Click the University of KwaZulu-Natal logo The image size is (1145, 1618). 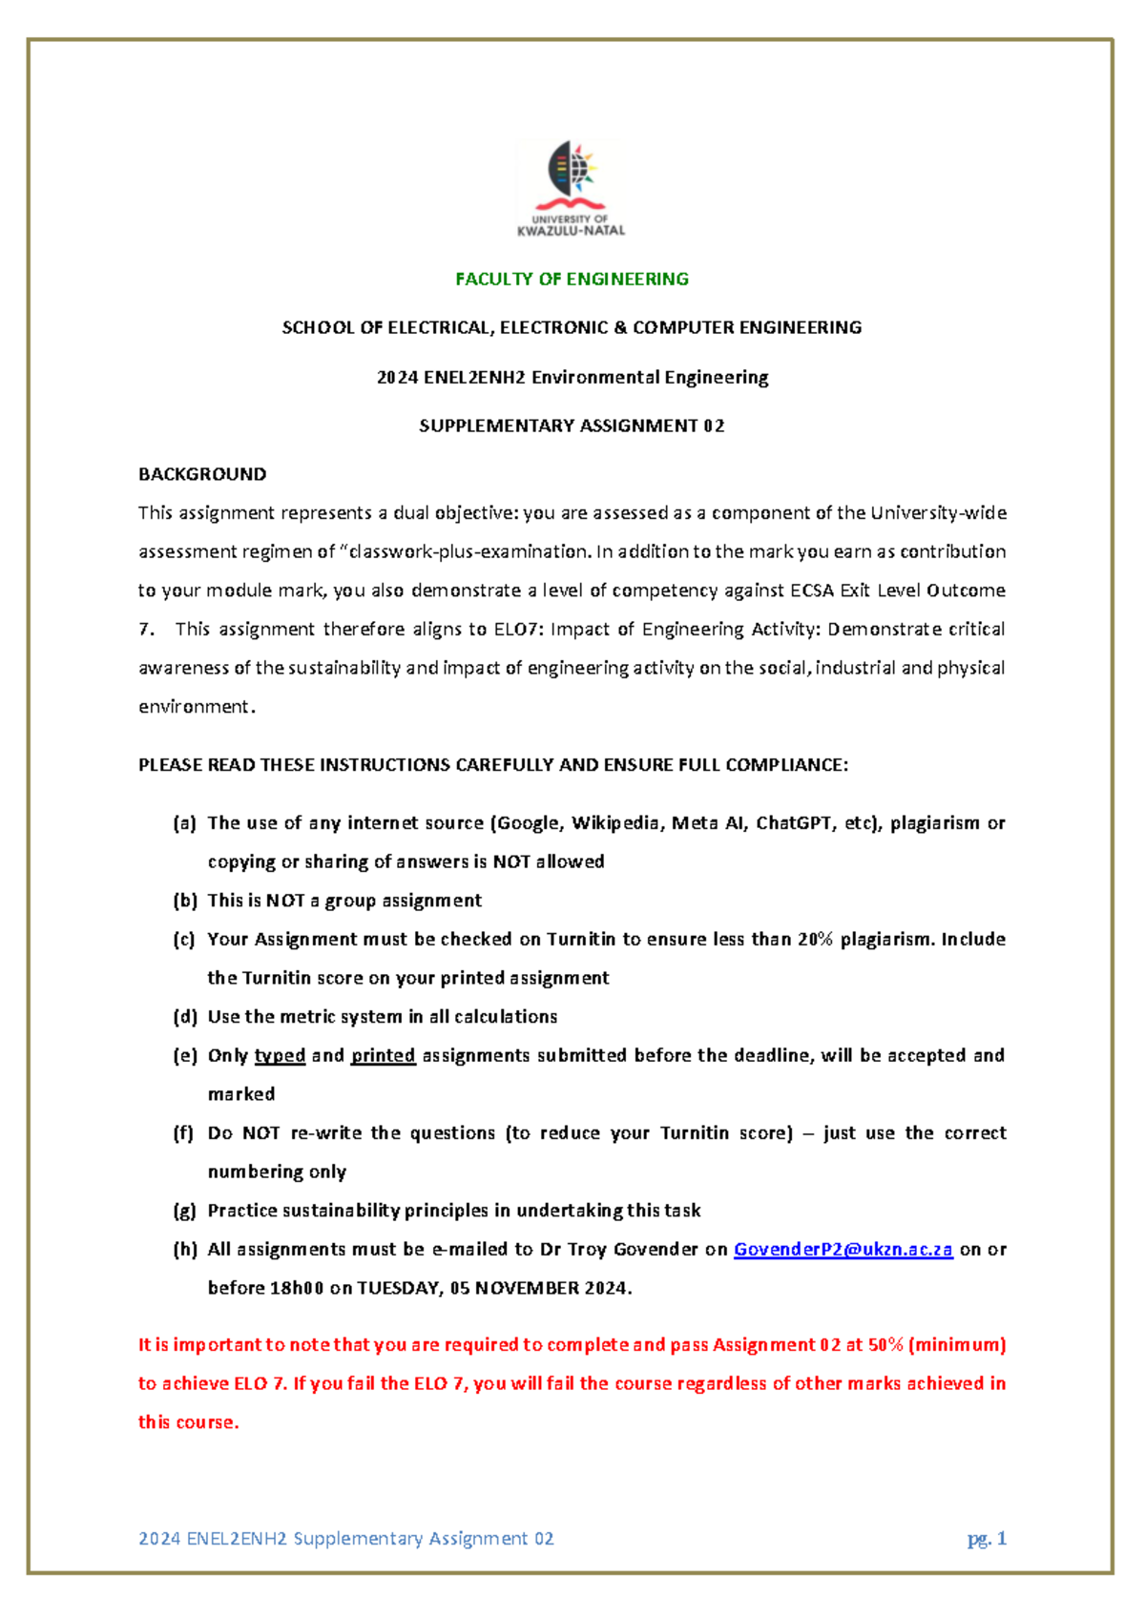571,188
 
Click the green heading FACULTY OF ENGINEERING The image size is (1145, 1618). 572,280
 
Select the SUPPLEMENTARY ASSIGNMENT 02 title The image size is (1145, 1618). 572,426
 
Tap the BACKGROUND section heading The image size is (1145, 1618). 202,474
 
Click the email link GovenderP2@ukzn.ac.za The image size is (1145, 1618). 843,1250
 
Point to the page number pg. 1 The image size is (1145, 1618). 987,1539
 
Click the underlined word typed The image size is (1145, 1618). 280,1056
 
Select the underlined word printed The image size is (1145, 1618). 383,1056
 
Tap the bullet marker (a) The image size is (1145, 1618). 184,823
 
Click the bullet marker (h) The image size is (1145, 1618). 184,1250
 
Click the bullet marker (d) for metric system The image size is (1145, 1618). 184,1017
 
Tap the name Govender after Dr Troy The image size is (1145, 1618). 656,1250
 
